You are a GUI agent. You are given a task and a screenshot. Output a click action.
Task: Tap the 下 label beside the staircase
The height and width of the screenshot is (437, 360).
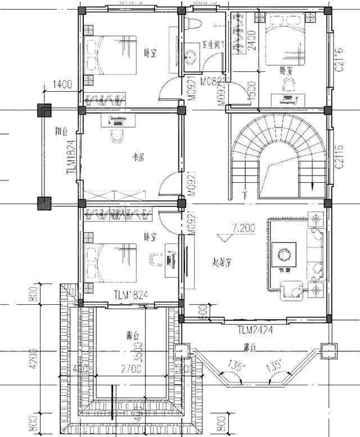[x=244, y=196]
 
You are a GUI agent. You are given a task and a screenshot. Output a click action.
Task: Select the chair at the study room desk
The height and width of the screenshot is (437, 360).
[x=117, y=136]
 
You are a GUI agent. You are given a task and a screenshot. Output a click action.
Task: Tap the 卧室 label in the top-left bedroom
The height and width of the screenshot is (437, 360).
[x=150, y=53]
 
